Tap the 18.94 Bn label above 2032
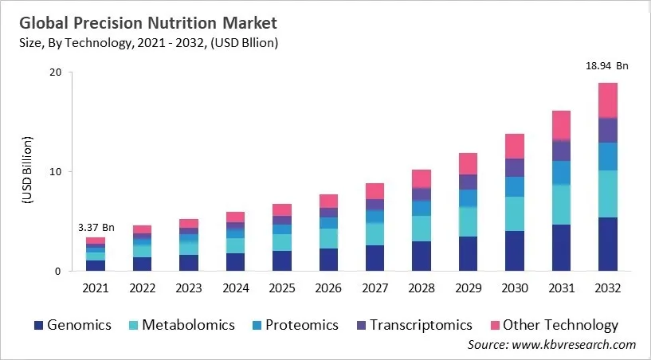tap(607, 66)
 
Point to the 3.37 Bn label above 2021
tap(96, 227)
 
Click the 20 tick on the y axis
tap(57, 72)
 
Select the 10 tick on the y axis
tap(57, 172)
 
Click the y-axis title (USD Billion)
tap(26, 172)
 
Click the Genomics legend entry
tap(72, 325)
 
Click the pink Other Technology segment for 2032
tap(607, 100)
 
